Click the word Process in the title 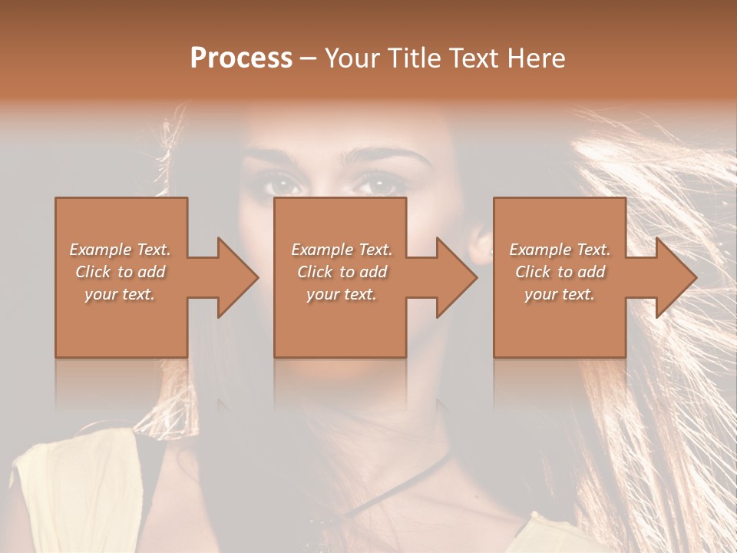(241, 58)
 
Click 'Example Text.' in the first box (121, 250)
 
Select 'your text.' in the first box (121, 294)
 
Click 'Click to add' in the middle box (342, 272)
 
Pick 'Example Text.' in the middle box (342, 250)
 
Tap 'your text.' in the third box (559, 294)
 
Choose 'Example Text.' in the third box (559, 250)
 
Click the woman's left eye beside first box (283, 184)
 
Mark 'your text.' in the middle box (342, 294)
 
